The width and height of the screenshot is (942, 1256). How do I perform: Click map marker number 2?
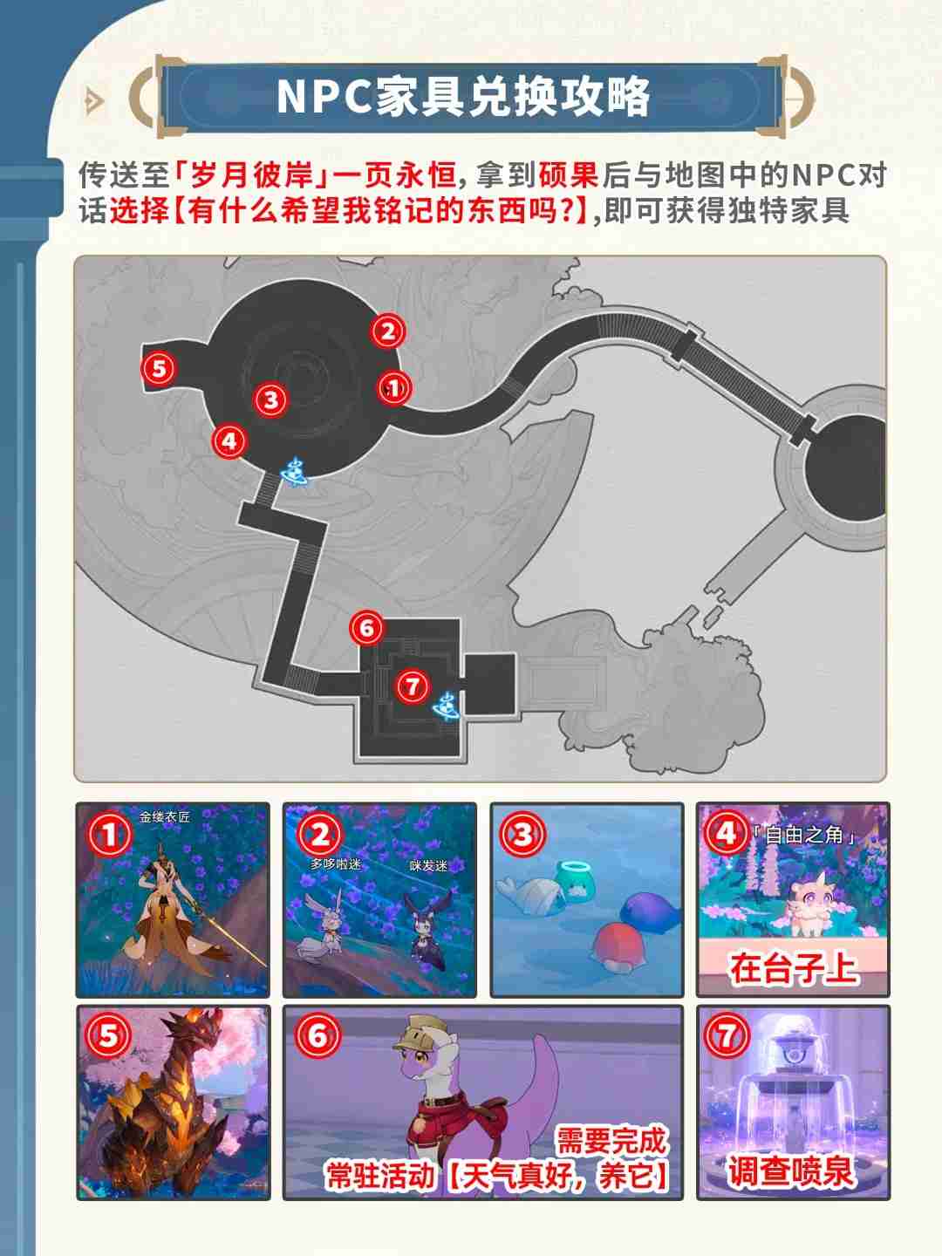[388, 331]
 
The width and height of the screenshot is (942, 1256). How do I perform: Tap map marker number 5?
[159, 368]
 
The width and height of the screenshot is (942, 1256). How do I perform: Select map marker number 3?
[271, 399]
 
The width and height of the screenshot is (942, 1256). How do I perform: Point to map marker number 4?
[229, 440]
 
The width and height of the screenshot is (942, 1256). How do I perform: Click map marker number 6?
[366, 627]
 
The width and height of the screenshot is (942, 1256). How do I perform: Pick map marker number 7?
[411, 686]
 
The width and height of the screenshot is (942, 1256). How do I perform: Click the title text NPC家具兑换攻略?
[463, 96]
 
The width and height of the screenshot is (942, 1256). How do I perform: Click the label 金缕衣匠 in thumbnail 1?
[165, 817]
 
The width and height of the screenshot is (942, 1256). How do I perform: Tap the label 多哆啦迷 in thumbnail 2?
[336, 863]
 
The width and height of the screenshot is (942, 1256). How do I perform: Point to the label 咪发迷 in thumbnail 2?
[428, 865]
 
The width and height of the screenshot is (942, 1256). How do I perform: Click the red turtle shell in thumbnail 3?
[618, 947]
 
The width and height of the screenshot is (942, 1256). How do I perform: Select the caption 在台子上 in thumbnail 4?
[793, 968]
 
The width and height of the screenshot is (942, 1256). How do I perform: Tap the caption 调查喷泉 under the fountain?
[791, 1171]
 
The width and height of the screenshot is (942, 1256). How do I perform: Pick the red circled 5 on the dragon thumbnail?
[108, 1036]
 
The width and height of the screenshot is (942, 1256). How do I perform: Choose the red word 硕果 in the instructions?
[568, 175]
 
